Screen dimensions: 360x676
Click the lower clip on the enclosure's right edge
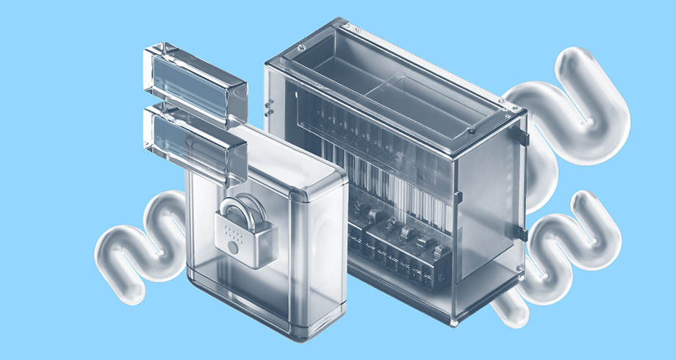(x=523, y=234)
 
